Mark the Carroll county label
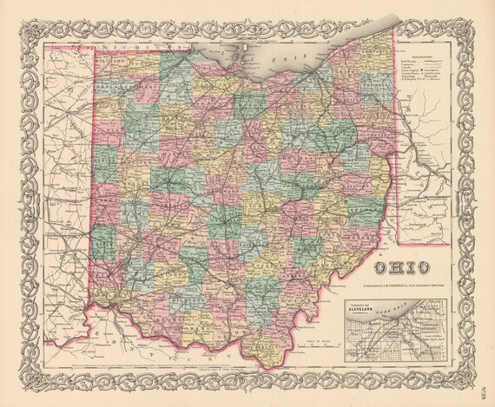(362, 154)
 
